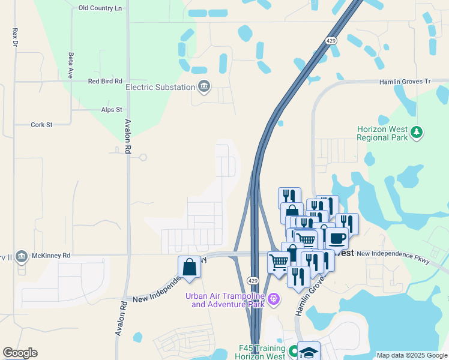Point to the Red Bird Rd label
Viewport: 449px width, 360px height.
pos(105,81)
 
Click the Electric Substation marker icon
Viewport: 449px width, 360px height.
pos(204,87)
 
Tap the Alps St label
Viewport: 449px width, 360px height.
pos(112,110)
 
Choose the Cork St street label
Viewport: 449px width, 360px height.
pos(42,125)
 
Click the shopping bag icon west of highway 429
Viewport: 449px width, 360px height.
pos(189,268)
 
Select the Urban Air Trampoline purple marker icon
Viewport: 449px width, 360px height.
pos(274,298)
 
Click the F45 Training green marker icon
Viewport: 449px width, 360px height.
pos(294,351)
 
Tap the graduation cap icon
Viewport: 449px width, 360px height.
pos(309,352)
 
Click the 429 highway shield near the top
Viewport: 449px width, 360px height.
pos(331,41)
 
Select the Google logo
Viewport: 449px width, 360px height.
pos(20,353)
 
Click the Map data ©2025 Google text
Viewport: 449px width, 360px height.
pos(411,355)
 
